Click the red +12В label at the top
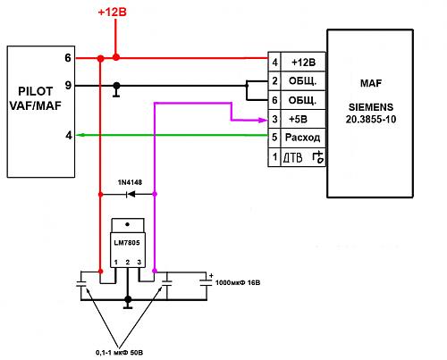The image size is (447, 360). [113, 13]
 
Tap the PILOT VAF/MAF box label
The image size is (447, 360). [36, 98]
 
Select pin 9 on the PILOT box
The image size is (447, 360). [68, 86]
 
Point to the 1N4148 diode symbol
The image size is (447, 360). [131, 194]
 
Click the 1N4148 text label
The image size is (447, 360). [130, 182]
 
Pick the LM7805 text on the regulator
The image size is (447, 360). [127, 243]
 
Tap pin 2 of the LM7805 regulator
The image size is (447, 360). [128, 263]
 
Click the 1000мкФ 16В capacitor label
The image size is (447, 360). [238, 282]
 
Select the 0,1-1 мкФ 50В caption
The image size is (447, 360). [119, 353]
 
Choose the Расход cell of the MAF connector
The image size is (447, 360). [303, 138]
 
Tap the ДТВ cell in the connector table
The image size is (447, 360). [303, 157]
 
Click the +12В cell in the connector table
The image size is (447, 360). [303, 62]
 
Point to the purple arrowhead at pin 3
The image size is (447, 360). [263, 121]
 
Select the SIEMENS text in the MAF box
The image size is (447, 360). [371, 107]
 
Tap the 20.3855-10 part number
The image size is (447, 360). [371, 120]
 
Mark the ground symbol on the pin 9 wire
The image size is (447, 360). [116, 92]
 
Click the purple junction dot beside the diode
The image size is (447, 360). [155, 194]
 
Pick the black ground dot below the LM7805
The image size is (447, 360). [128, 299]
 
